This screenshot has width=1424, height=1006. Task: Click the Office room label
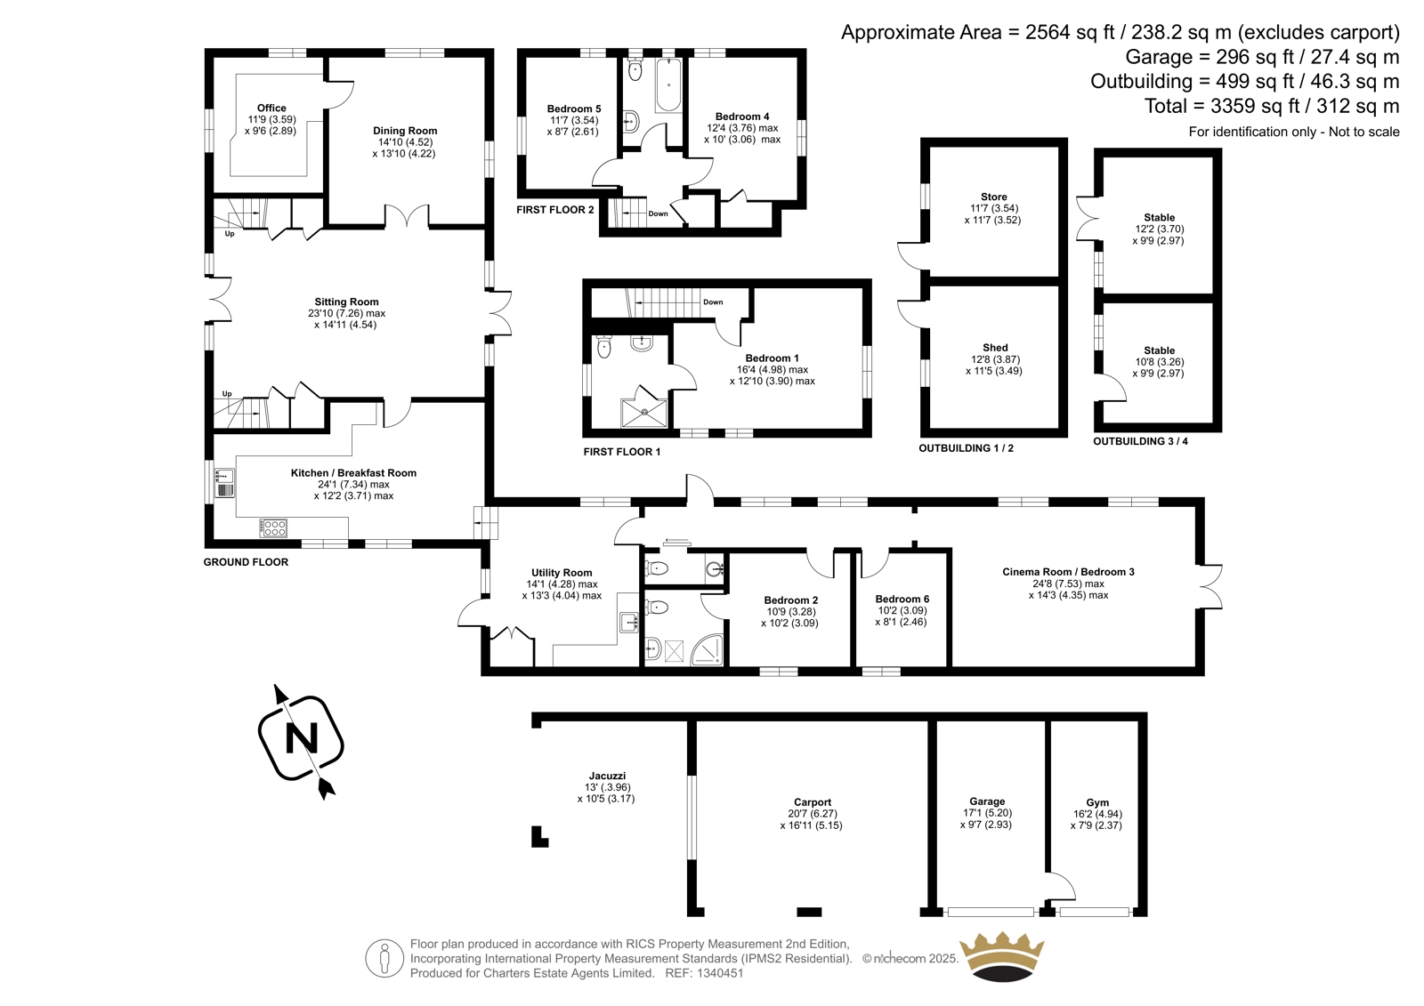271,108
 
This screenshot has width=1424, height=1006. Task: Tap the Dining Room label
405,131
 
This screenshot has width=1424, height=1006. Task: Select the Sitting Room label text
346,302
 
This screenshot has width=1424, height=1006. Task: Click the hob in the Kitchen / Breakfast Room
274,527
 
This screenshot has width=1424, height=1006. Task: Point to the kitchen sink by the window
224,483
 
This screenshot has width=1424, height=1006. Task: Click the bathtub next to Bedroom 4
668,84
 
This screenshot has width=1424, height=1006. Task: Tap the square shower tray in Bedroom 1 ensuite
644,413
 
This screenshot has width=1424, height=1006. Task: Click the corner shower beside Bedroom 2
708,648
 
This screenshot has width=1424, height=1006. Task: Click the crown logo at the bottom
1001,955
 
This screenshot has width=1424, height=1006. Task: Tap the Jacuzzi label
607,776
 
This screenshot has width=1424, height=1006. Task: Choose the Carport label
813,802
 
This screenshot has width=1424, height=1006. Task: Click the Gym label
1097,802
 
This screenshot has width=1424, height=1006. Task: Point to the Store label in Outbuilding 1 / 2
993,197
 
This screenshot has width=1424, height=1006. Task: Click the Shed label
995,348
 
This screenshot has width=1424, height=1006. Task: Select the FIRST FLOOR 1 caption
622,452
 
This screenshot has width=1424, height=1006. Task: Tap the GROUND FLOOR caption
246,562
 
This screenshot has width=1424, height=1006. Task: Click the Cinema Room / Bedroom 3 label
1068,572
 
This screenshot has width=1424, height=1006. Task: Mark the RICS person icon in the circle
384,958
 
